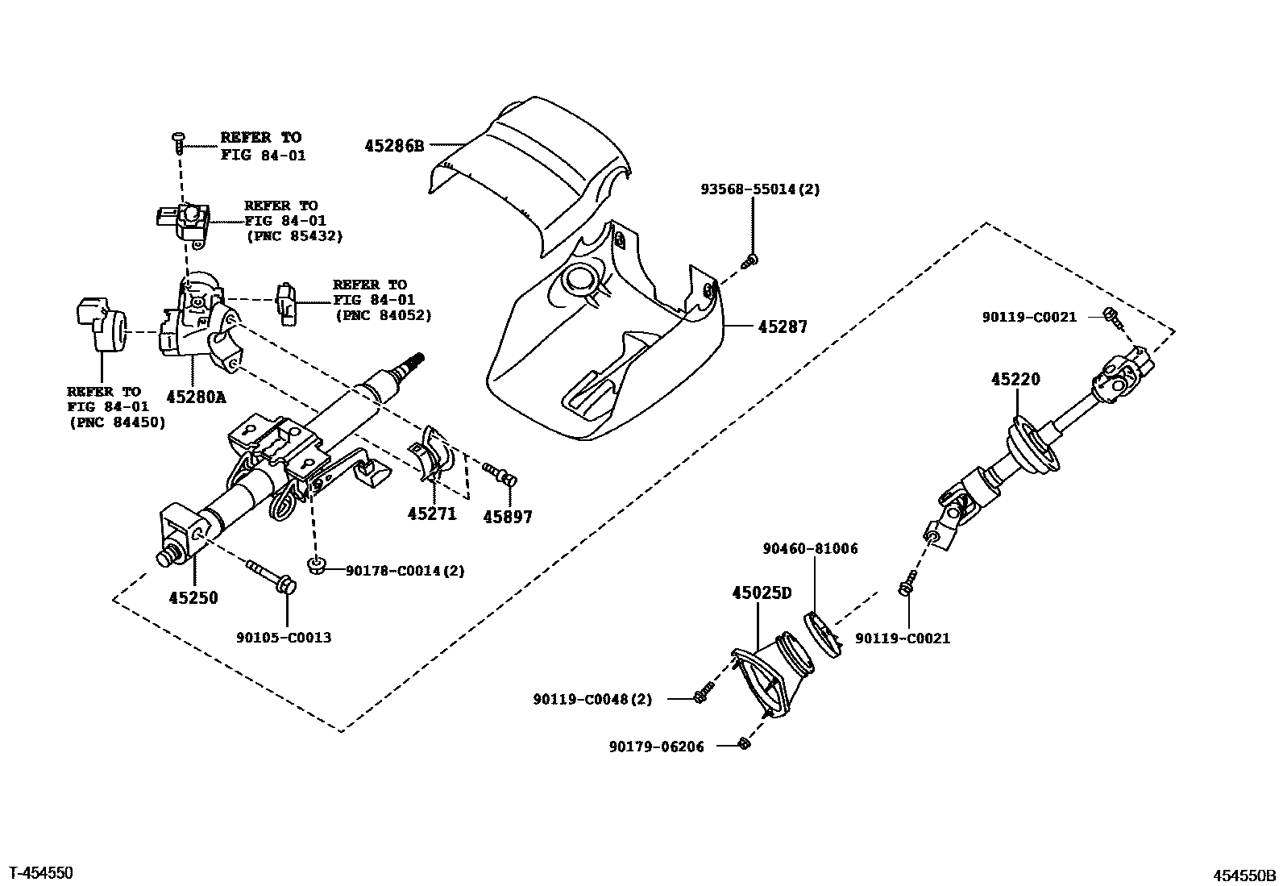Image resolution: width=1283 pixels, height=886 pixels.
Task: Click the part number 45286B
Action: (x=394, y=146)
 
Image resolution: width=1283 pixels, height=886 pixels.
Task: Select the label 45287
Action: (x=782, y=327)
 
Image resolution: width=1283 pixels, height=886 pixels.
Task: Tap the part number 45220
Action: (x=1015, y=379)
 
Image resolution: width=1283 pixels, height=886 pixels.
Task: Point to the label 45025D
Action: (x=762, y=593)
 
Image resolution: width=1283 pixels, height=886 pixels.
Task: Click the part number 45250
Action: (x=193, y=598)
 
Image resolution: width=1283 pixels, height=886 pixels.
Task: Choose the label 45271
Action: (x=432, y=514)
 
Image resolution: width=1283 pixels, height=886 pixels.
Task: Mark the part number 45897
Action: (x=508, y=518)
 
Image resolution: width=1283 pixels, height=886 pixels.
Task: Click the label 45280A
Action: (x=197, y=397)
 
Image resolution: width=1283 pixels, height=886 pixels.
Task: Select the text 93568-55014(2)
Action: (x=760, y=189)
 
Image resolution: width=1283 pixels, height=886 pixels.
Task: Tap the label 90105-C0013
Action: (x=284, y=638)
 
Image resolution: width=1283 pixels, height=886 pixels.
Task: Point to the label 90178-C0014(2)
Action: (x=405, y=571)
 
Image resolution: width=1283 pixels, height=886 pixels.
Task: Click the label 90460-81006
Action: (x=810, y=549)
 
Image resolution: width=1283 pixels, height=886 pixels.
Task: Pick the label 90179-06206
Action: (x=656, y=747)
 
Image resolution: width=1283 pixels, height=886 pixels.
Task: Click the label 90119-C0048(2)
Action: (x=592, y=699)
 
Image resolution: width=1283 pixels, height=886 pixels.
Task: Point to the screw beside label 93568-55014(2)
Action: (x=750, y=260)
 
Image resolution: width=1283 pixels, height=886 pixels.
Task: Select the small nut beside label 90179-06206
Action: (x=745, y=743)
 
